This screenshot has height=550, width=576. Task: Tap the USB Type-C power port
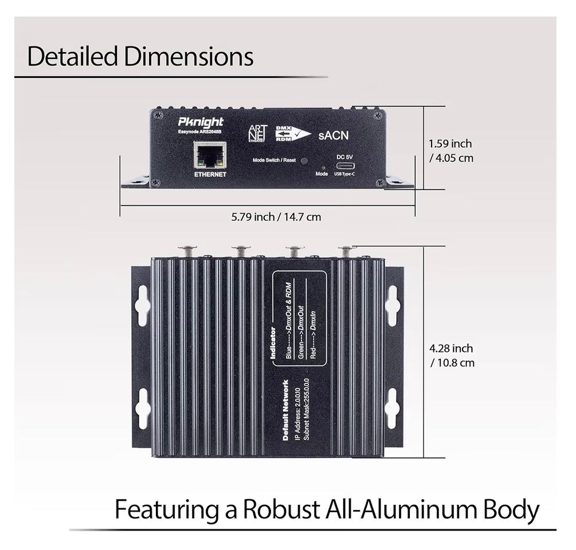coord(344,167)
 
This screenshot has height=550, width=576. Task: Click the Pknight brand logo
coord(201,122)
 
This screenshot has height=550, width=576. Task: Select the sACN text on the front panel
coord(333,136)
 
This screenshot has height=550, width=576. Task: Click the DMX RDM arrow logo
coord(293,133)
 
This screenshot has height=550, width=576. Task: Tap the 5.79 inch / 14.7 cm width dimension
coord(276,217)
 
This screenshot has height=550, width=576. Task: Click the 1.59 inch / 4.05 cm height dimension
coord(450,151)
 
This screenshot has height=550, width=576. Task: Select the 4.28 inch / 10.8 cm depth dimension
coord(452,355)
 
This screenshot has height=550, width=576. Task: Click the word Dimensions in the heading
coord(188,56)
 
